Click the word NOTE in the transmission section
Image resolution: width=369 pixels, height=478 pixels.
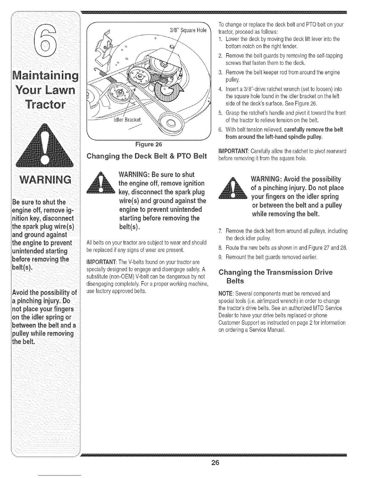click(x=225, y=294)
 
